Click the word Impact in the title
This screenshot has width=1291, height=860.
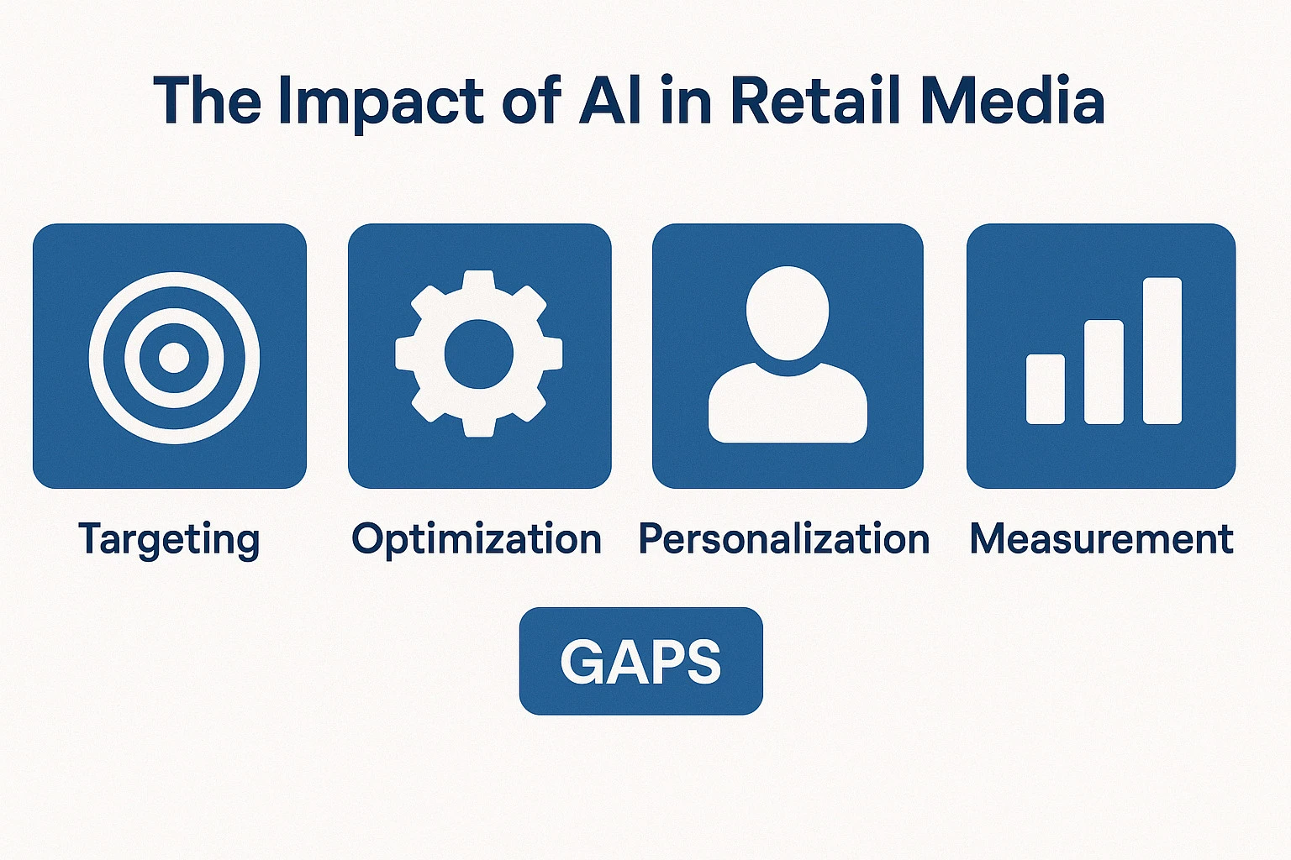[381, 103]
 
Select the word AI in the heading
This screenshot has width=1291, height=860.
[609, 100]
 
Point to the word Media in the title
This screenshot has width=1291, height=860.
[1013, 100]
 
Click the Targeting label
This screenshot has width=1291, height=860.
[169, 540]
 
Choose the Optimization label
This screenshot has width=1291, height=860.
[477, 540]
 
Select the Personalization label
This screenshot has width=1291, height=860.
[784, 538]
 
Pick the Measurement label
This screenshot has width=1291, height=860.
[1101, 538]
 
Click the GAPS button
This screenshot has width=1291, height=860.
[641, 661]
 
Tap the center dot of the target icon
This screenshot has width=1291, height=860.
[173, 357]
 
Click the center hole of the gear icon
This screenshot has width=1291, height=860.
[479, 354]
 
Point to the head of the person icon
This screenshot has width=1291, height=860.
[788, 312]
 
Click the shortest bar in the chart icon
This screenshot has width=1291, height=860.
[1046, 390]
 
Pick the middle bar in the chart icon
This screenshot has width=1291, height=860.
[1104, 372]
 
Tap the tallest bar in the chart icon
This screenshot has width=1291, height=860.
[1162, 351]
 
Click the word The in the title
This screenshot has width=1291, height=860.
[208, 100]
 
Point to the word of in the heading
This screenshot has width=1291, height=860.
[531, 100]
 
